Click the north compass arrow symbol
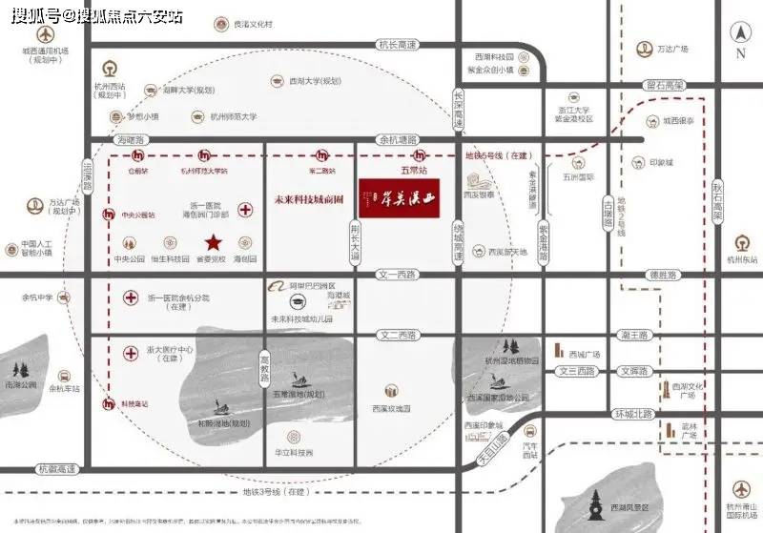(741, 34)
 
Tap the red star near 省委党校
(215, 242)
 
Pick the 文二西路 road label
(398, 336)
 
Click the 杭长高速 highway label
(398, 45)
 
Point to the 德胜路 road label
(662, 275)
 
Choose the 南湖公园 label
(19, 384)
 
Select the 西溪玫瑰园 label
(391, 408)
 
